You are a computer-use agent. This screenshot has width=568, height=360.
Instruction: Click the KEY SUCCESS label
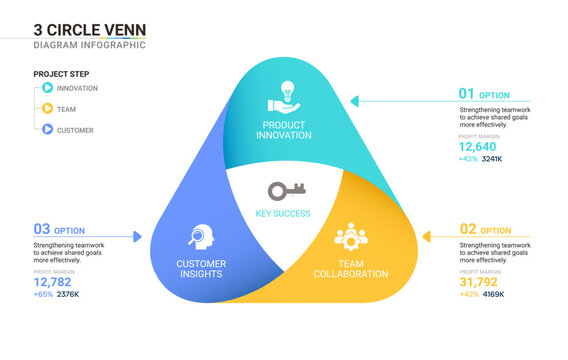[283, 213]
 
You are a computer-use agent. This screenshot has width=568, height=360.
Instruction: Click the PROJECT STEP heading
[61, 73]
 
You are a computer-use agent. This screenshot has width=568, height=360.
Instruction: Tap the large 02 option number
[468, 229]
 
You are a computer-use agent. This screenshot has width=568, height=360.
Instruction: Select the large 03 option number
[41, 229]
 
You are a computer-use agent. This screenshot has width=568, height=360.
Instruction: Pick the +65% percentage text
[43, 294]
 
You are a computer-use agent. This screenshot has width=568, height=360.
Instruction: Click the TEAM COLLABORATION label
[350, 269]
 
